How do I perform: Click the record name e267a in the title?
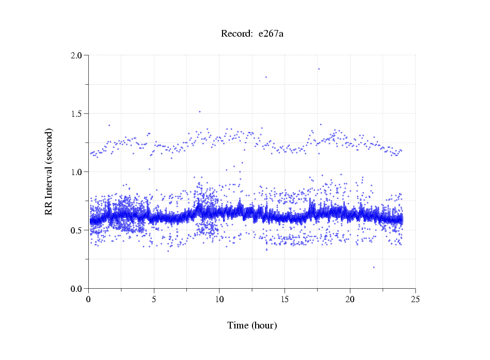pos(271,34)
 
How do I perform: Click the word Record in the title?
pos(236,34)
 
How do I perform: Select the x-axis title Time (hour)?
pos(252,325)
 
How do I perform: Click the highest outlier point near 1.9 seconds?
pos(319,69)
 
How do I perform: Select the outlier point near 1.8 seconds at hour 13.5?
pos(266,77)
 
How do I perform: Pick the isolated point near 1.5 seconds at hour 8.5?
pos(199,111)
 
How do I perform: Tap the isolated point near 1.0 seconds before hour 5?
pos(150,169)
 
